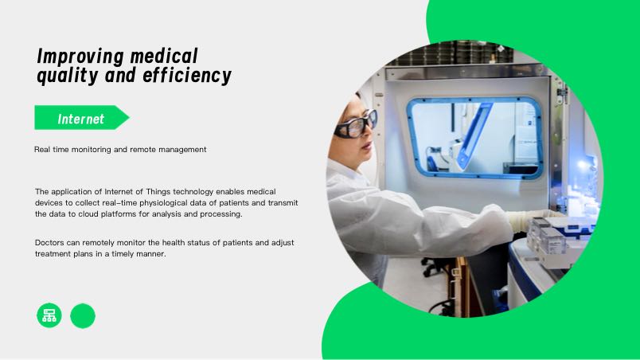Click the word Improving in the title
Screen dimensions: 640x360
[80, 57]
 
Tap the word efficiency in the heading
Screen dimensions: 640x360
[187, 76]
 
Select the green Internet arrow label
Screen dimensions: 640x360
[82, 118]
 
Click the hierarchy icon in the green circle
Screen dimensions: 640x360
[49, 315]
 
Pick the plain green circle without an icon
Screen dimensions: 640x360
[83, 315]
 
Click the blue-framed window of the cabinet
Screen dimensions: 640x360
[474, 138]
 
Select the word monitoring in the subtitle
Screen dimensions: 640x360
[91, 150]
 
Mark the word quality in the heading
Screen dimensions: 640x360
[68, 76]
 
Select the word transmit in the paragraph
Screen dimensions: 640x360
[283, 203]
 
